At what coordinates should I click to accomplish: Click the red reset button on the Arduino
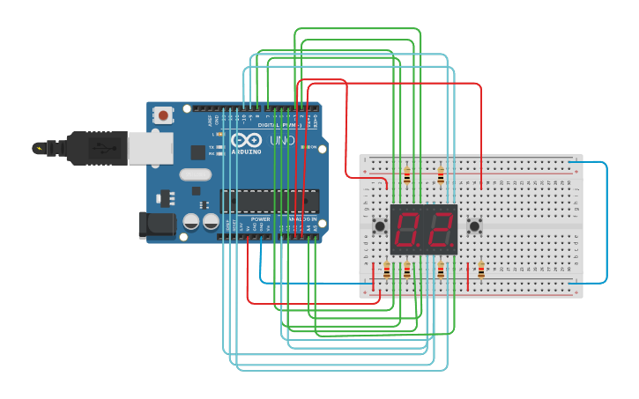(x=163, y=115)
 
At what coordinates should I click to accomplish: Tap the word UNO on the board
(x=282, y=141)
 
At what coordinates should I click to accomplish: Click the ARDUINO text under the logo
(x=246, y=151)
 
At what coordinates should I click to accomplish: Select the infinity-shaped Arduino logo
(x=246, y=141)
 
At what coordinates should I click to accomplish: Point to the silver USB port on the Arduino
(x=150, y=148)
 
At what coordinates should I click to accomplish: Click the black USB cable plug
(x=97, y=148)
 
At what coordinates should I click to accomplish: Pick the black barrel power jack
(x=157, y=225)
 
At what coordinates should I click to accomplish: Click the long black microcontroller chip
(x=269, y=201)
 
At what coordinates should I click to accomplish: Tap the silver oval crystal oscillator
(x=196, y=174)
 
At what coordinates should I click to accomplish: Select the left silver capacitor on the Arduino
(x=191, y=222)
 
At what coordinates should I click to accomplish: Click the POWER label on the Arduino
(x=260, y=218)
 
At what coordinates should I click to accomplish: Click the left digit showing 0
(x=408, y=230)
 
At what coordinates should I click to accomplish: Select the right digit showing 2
(x=440, y=230)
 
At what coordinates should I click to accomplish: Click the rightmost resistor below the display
(x=480, y=270)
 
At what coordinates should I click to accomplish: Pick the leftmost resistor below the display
(x=386, y=270)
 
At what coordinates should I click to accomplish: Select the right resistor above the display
(x=441, y=176)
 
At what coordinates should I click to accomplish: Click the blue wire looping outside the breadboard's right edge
(x=606, y=220)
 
